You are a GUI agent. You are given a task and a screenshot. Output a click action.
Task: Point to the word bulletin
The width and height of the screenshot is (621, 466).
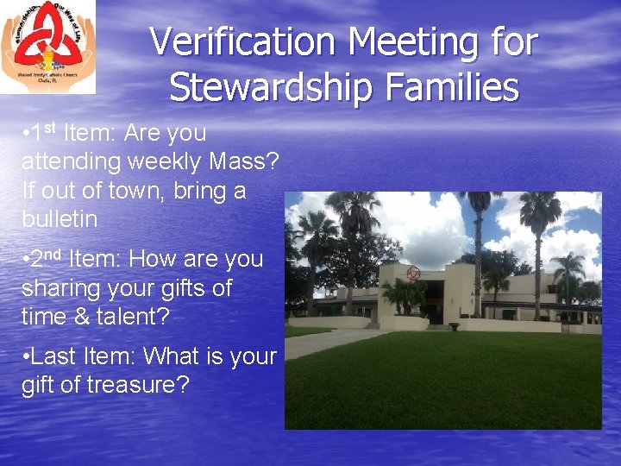60,219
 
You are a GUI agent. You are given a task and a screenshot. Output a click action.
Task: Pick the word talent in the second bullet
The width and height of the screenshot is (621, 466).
138,317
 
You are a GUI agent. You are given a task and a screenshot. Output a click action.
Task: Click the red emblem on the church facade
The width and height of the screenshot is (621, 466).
414,274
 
